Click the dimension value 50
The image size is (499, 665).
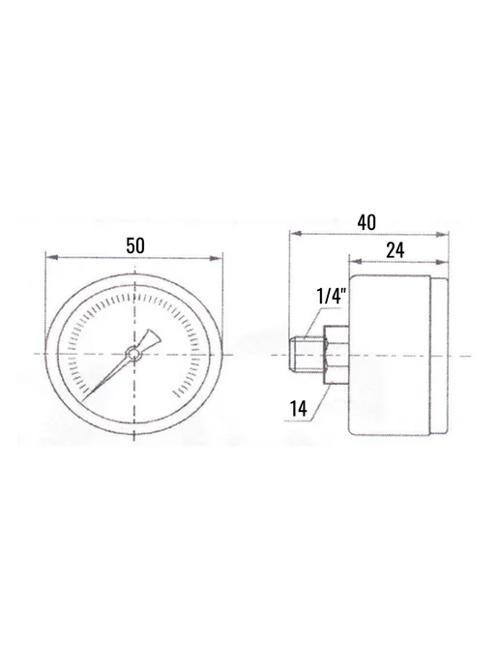[135, 246]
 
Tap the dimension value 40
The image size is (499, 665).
[367, 222]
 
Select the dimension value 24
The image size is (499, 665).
[395, 250]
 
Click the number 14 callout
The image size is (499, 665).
[298, 409]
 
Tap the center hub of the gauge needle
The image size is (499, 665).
[134, 354]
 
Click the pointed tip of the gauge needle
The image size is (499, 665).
[83, 400]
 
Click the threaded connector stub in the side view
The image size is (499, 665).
[307, 355]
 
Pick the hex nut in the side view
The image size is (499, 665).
[337, 356]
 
